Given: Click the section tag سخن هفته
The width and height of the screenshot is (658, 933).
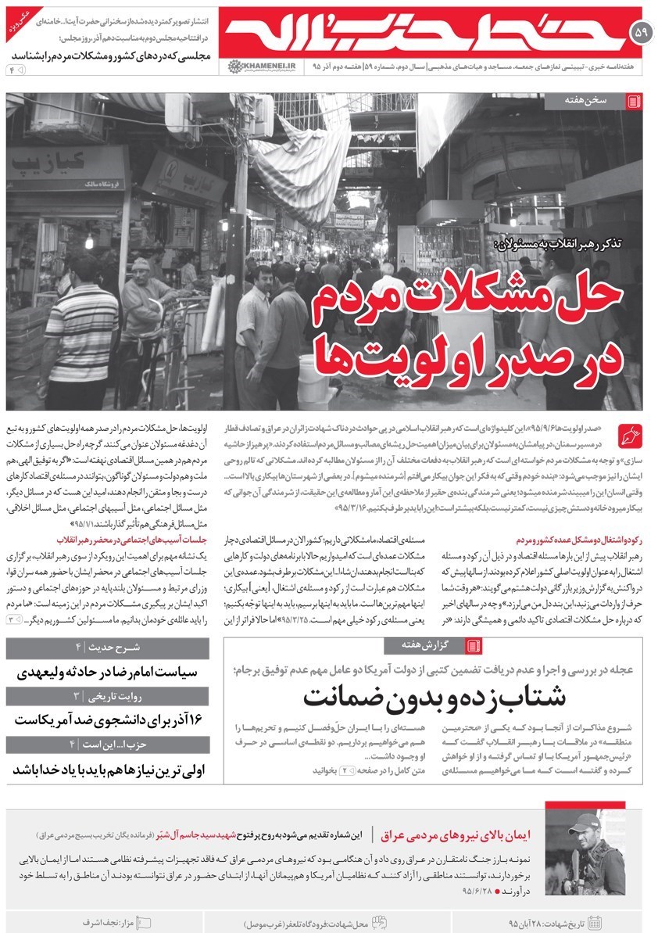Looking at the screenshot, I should [602, 102].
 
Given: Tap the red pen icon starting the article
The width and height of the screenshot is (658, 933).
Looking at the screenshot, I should [628, 432].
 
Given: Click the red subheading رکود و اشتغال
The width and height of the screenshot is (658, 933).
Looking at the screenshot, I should [578, 540].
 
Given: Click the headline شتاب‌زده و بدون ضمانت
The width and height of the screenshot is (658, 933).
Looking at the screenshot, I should [434, 695].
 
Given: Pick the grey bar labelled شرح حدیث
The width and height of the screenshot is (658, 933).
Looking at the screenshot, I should [108, 647].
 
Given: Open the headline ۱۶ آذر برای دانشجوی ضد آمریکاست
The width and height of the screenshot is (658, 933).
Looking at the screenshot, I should [108, 719].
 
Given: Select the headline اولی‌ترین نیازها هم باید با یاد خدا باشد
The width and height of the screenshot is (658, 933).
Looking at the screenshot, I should [108, 769].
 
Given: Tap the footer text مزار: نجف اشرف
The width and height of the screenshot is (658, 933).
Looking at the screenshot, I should [114, 921].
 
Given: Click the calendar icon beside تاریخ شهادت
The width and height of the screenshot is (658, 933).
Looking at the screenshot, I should [594, 921].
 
